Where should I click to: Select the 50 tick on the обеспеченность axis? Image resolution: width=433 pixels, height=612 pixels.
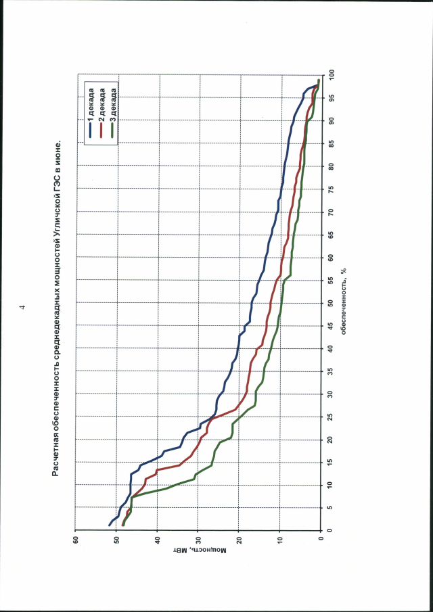point(332,303)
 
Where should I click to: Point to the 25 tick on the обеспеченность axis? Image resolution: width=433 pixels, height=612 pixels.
point(332,417)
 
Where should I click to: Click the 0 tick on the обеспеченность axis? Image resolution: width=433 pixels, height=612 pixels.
point(332,532)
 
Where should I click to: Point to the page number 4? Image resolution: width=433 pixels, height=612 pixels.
point(22,306)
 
